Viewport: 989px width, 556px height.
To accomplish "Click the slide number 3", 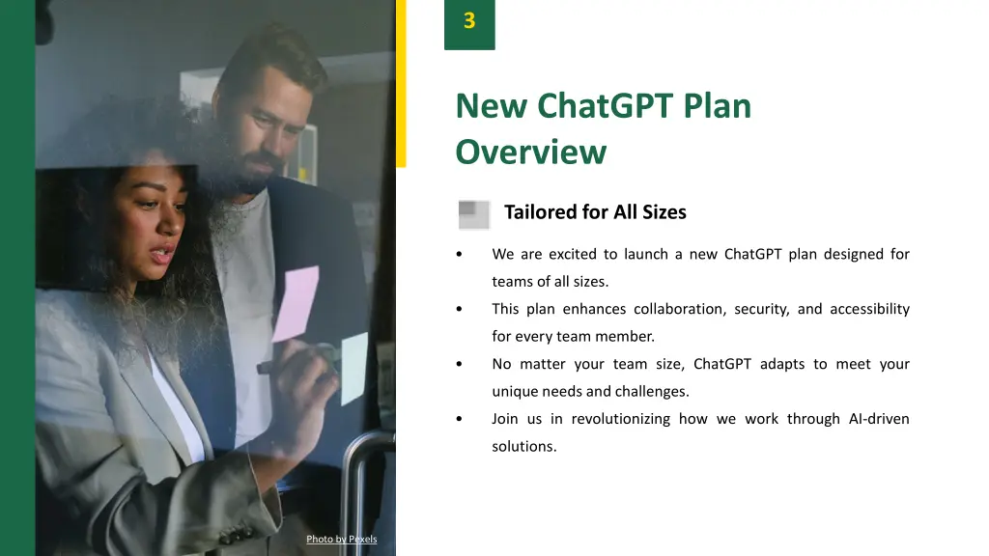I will (469, 21).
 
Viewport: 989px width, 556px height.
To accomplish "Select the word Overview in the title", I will (530, 153).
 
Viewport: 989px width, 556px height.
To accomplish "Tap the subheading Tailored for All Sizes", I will (595, 212).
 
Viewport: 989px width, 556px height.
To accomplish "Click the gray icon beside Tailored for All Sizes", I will (474, 213).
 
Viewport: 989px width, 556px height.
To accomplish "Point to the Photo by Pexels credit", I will (341, 539).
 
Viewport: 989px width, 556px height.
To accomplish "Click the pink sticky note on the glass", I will (295, 303).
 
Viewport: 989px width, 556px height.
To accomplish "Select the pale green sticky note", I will (354, 367).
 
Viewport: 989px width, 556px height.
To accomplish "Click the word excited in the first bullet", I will (574, 255).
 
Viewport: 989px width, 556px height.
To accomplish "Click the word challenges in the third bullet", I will (656, 392).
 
